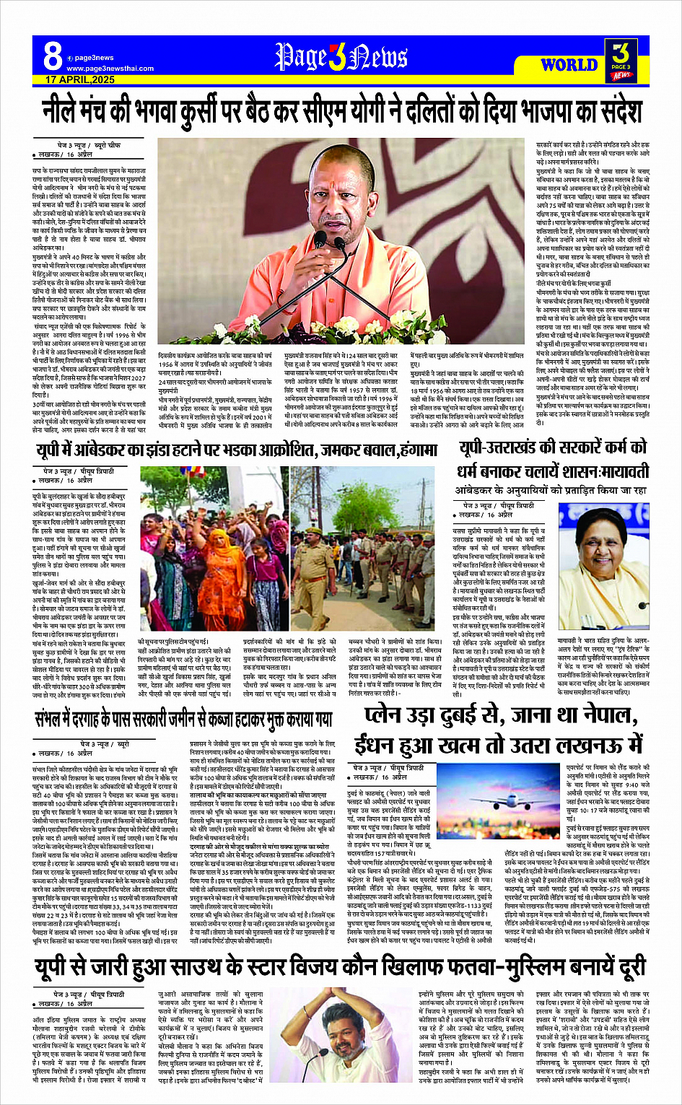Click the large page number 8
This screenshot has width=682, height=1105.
[x=52, y=55]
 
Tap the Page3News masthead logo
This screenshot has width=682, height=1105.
[x=341, y=57]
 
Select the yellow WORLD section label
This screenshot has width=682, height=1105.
[x=569, y=65]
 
